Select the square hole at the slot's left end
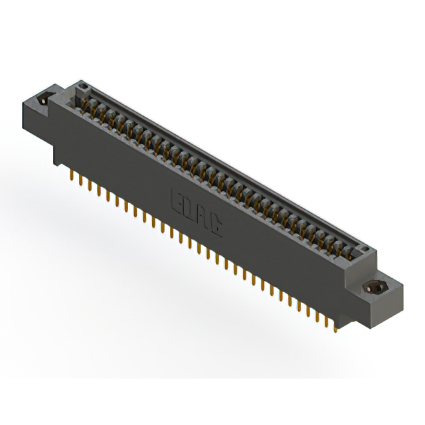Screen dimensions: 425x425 pyautogui.click(x=82, y=86)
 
